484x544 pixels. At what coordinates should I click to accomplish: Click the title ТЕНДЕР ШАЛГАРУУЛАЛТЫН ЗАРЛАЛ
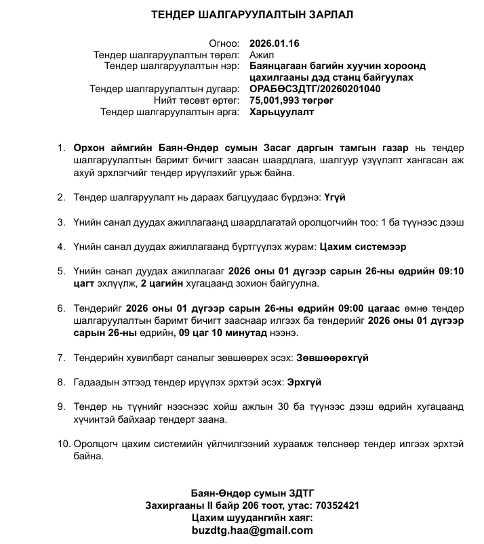point(252,14)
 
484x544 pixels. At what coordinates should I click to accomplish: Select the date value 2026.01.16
point(275,43)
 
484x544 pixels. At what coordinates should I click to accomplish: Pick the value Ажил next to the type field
point(262,55)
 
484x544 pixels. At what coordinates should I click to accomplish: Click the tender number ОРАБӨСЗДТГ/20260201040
point(315,89)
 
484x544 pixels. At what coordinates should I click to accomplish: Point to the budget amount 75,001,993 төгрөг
point(292,100)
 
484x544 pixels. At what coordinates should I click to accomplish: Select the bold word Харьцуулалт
point(281,112)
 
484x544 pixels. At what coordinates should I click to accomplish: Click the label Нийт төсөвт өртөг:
point(197,100)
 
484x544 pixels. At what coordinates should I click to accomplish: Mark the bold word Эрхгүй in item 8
point(304,381)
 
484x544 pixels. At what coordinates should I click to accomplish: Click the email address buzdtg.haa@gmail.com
point(252,530)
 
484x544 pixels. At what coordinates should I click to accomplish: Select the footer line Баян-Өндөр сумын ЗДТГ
point(252,493)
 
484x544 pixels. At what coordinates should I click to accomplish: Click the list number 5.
point(61,271)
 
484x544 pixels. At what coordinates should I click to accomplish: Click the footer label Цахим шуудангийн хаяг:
point(252,518)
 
